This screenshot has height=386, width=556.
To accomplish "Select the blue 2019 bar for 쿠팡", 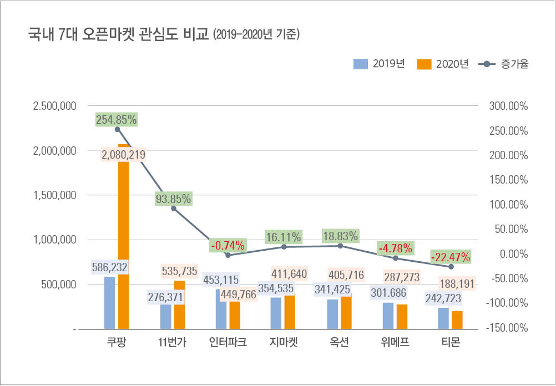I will coord(110,302).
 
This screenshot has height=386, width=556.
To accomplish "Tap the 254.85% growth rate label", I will coord(117,119).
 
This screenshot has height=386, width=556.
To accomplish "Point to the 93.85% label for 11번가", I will coord(173,199).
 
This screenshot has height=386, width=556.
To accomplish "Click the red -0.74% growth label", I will coord(228,245).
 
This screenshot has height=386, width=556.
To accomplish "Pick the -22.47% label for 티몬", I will coord(451,257).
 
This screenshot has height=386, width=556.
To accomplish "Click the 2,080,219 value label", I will coord(124,155).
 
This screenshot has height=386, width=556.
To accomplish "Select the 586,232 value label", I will coord(110,267).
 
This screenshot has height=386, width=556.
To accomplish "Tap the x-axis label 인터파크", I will coord(228,342).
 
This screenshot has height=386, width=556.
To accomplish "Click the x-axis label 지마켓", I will coord(283,342).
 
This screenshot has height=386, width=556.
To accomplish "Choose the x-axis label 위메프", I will coord(395,342).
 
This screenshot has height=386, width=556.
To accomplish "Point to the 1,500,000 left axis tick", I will coord(55,195).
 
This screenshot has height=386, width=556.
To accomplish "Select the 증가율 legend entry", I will coord(503,64).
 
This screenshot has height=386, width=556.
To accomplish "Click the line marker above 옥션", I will coord(340,246).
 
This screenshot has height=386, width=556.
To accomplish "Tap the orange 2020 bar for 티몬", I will coord(457,320).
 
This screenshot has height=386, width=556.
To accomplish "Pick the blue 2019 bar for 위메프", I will coord(388,316).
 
